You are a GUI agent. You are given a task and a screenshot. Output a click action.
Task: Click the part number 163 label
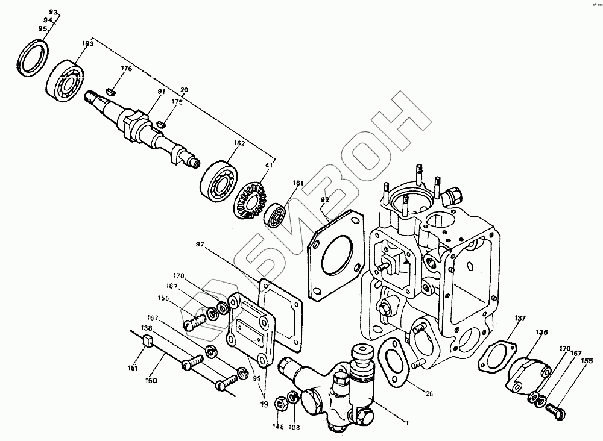(x=88, y=43)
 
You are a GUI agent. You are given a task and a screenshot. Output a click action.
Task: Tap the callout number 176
(x=125, y=68)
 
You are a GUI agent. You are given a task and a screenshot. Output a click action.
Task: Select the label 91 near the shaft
(x=145, y=91)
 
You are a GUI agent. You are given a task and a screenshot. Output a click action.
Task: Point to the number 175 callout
(x=176, y=102)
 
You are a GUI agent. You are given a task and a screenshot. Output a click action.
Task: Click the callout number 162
(x=239, y=144)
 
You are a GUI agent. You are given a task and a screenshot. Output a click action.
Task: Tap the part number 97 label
(x=200, y=244)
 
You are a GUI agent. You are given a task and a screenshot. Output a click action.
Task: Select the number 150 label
(x=150, y=381)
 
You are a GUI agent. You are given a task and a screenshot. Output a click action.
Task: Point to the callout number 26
(x=429, y=395)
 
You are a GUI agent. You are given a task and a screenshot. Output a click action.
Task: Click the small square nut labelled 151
(x=146, y=343)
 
